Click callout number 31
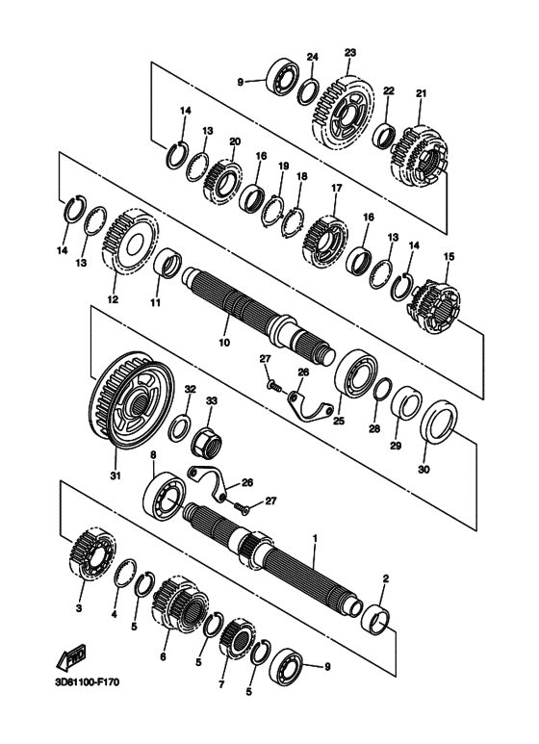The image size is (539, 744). click(x=115, y=475)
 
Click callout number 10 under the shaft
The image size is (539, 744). click(x=224, y=342)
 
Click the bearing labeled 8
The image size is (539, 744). click(x=165, y=495)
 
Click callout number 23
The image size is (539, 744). click(x=350, y=53)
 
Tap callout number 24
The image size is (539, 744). click(x=312, y=57)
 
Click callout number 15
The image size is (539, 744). click(x=449, y=257)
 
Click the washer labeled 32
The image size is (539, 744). click(x=180, y=425)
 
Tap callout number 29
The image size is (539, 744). click(x=396, y=446)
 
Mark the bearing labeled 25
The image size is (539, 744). click(x=353, y=374)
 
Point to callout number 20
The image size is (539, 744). click(x=235, y=141)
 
